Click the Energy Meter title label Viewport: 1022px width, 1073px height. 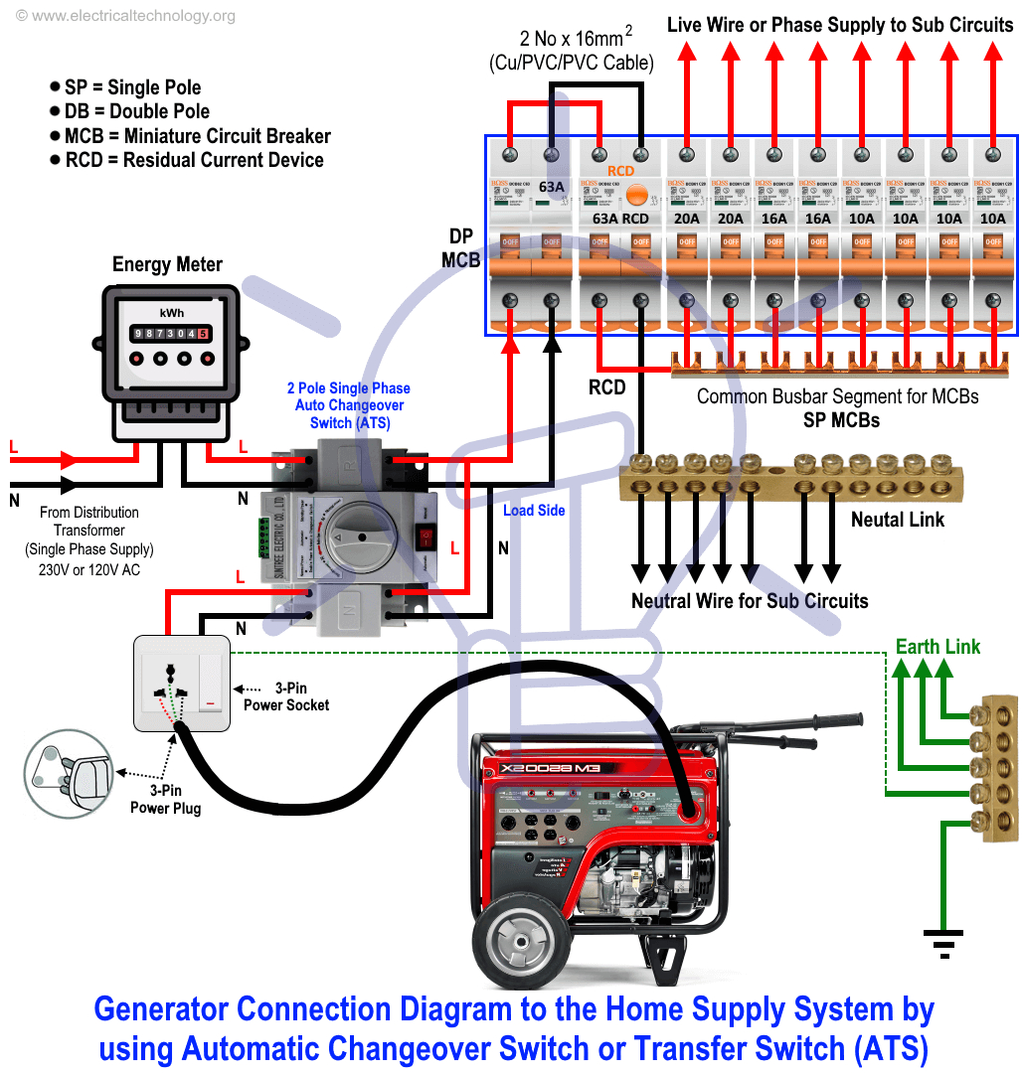pos(167,264)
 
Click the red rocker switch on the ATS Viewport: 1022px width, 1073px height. pos(426,537)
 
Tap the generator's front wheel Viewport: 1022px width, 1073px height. pos(518,939)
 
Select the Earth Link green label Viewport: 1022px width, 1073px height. pos(937,647)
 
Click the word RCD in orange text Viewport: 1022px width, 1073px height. pos(621,171)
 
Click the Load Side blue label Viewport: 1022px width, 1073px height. pos(534,511)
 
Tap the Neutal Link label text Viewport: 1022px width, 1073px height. pos(897,520)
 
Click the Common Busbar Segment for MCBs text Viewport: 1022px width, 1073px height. pos(837,396)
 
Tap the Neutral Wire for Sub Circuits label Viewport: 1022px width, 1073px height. pos(750,601)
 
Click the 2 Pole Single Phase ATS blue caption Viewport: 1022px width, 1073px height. pos(349,405)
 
